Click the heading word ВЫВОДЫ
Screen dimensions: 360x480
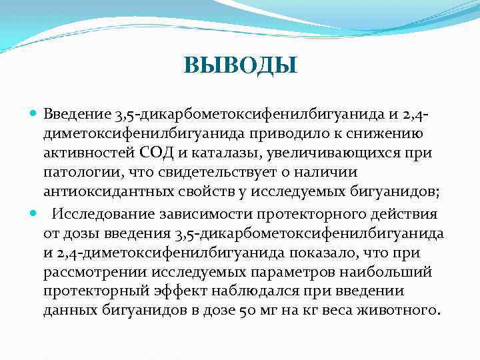point(240,65)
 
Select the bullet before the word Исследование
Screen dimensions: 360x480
point(34,213)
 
